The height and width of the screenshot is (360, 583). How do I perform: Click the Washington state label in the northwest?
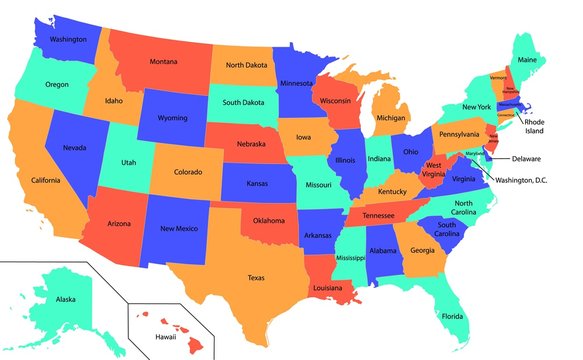pos(67,39)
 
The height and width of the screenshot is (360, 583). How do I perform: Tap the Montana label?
pos(164,61)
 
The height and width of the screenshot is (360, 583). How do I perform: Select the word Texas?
pos(256,278)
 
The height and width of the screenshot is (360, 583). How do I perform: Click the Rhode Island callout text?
pos(535,125)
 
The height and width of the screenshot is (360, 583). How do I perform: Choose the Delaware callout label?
pos(526,158)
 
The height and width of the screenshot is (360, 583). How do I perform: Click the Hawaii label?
pos(150,337)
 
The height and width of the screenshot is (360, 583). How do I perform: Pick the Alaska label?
pos(65,299)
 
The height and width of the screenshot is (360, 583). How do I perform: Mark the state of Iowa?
pos(302,137)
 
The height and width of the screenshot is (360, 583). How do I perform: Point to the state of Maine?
pos(527,59)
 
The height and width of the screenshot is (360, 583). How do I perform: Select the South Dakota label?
pos(243,101)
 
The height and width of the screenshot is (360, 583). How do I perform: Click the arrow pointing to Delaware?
pos(498,158)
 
